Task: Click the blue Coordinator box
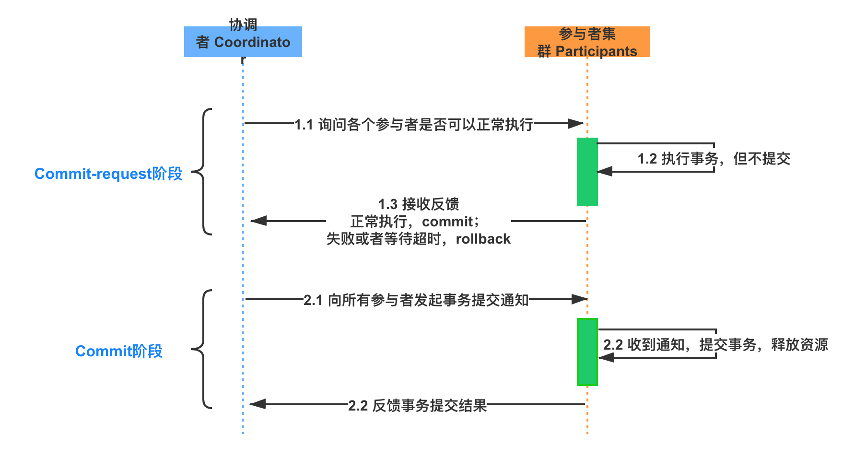[x=243, y=42]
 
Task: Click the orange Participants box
[x=587, y=42]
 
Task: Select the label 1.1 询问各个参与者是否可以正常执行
[x=413, y=124]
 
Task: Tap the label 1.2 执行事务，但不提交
[x=714, y=158]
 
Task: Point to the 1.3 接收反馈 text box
[x=418, y=221]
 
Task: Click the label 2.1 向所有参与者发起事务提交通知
[x=416, y=299]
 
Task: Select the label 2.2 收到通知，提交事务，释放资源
[x=715, y=344]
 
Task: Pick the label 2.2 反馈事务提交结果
[x=417, y=405]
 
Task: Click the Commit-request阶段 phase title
[x=108, y=174]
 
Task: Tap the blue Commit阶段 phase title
[x=119, y=351]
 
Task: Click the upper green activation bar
[x=587, y=172]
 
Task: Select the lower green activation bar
[x=587, y=352]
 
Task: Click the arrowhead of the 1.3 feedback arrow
[x=258, y=221]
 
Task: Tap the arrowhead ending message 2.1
[x=579, y=299]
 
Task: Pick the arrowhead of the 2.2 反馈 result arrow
[x=258, y=404]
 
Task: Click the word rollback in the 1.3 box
[x=483, y=239]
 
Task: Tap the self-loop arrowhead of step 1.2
[x=605, y=171]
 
